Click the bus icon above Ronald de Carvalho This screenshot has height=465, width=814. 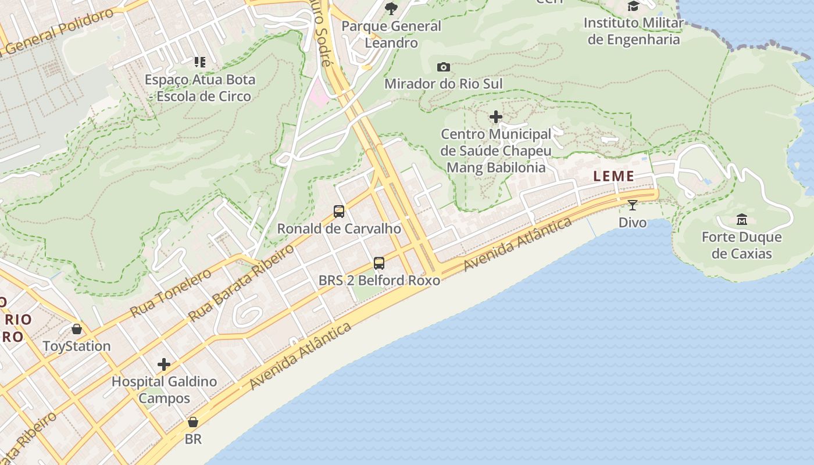[339, 212]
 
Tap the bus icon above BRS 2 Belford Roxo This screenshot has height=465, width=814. [379, 263]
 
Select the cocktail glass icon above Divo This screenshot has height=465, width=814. [633, 205]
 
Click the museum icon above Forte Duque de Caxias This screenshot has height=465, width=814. [742, 220]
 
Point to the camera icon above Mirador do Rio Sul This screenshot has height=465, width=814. [444, 67]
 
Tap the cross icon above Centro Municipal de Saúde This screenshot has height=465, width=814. [496, 117]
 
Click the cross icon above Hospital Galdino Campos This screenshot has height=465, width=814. [164, 364]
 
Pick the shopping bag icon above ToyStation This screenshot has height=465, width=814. [77, 330]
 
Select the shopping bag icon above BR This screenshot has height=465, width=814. [193, 422]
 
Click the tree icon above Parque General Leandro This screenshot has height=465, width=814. [391, 8]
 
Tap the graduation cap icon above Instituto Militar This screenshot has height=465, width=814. [633, 6]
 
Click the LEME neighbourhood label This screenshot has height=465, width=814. [613, 176]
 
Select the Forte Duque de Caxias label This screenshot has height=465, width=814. [741, 245]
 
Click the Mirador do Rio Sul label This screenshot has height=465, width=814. [443, 84]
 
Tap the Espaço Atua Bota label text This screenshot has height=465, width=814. [200, 88]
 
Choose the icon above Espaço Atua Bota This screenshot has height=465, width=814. [200, 62]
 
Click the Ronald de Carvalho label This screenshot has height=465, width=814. [339, 228]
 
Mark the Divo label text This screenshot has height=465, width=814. [633, 222]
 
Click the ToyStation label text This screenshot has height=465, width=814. [77, 346]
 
